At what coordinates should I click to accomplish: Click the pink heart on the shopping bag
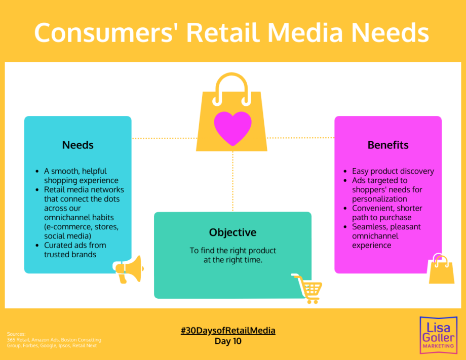[x=232, y=128]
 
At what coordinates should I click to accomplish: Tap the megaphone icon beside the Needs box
[x=128, y=269]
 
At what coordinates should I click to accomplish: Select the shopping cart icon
[x=307, y=289]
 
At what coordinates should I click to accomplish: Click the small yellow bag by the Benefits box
[x=441, y=269]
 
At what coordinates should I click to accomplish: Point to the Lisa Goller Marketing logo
[x=438, y=335]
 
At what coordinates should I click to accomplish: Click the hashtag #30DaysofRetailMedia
[x=228, y=330]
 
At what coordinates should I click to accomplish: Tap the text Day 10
[x=228, y=341]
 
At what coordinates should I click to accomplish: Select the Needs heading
[x=78, y=145]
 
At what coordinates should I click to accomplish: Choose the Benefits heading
[x=388, y=145]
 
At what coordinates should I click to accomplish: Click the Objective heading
[x=232, y=232]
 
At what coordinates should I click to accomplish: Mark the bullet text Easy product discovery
[x=393, y=171]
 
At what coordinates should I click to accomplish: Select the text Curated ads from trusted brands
[x=75, y=250]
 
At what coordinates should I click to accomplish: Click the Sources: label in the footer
[x=16, y=334]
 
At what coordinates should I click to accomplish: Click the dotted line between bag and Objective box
[x=232, y=181]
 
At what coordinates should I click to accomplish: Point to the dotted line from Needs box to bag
[x=164, y=138]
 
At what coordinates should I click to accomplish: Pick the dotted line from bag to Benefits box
[x=300, y=138]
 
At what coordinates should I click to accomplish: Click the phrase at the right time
[x=232, y=260]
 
